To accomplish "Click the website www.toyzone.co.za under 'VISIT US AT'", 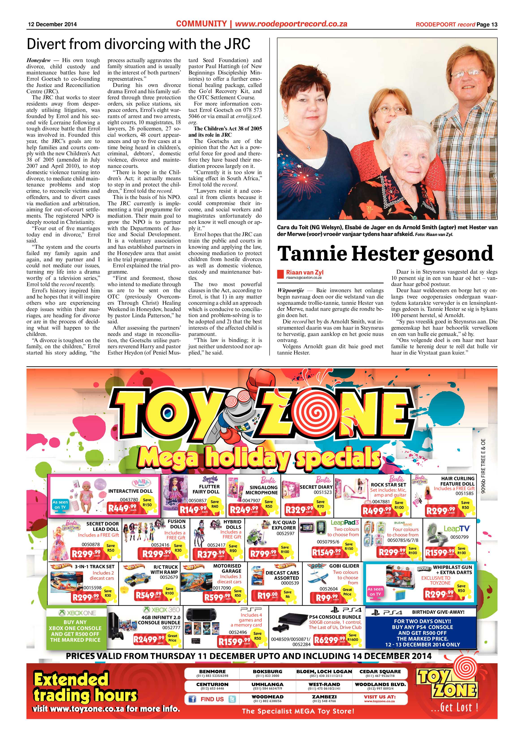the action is tap(380, 710).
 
